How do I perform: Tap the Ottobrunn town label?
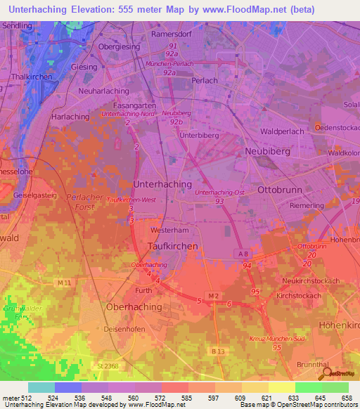285,190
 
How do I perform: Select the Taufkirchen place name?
174,246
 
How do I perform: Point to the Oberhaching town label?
134,307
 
